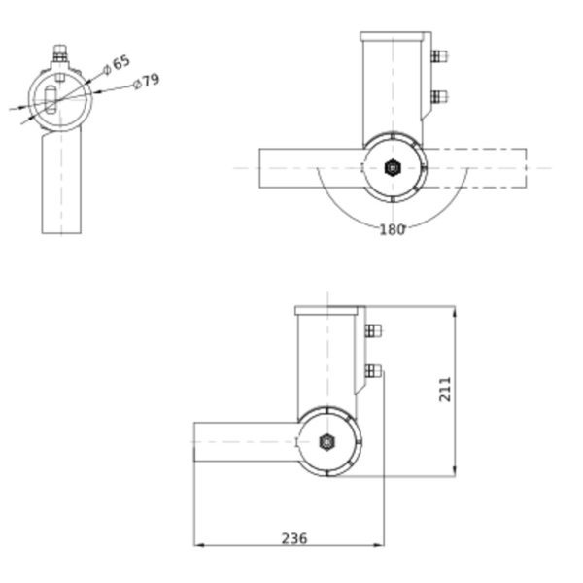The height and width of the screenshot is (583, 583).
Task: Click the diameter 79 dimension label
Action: pos(147,82)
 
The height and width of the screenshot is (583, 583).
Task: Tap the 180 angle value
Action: pos(392,230)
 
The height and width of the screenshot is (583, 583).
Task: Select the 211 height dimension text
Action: pos(445,390)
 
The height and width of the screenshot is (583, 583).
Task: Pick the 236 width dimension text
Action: pos(294,538)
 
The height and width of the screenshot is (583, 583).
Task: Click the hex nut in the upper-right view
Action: pos(393,168)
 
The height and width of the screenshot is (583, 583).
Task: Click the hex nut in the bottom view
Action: pos(326,442)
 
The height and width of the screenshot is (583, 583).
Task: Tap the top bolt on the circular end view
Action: pos(60,53)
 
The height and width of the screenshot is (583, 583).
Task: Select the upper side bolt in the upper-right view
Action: pos(439,56)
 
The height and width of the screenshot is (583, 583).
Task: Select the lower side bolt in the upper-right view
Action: pos(439,97)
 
